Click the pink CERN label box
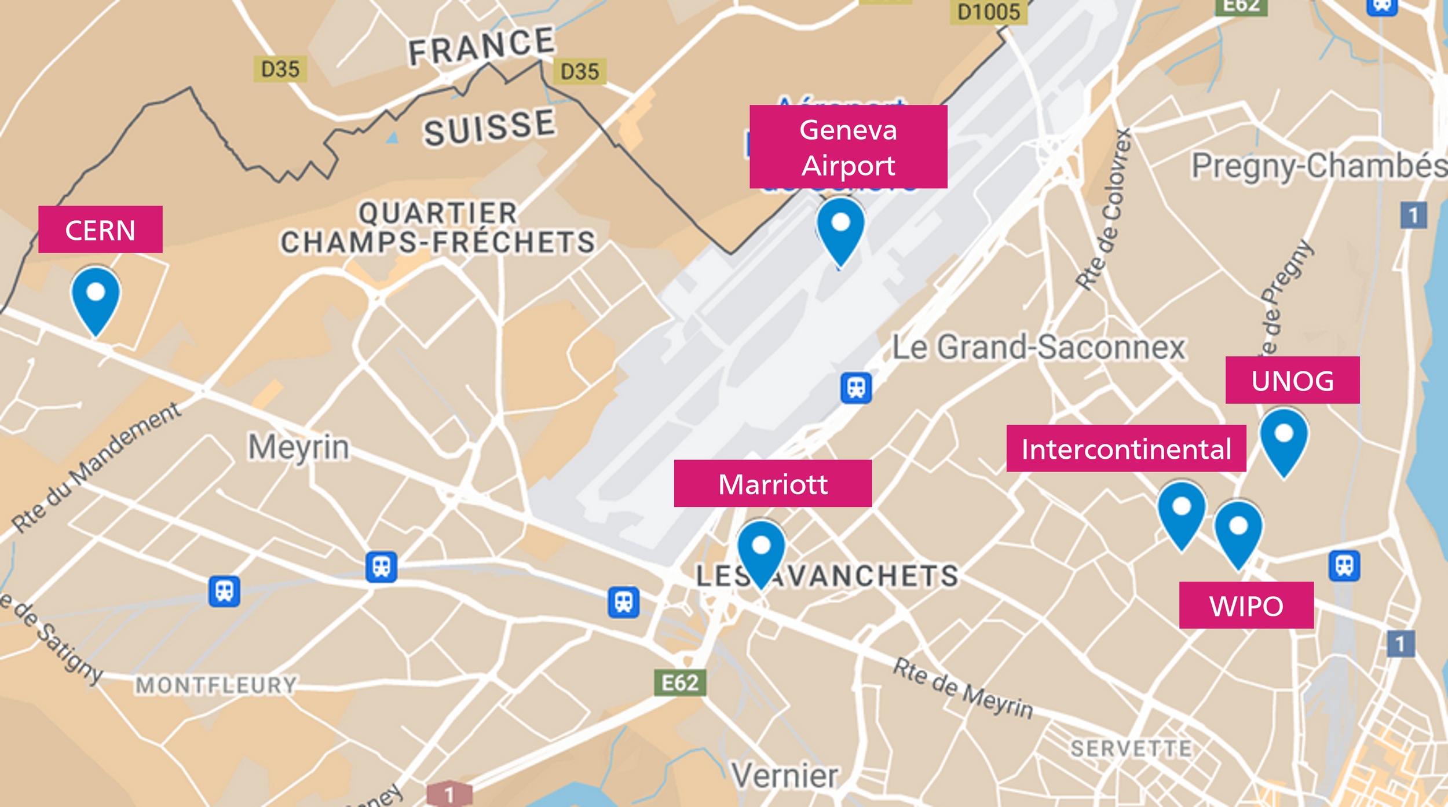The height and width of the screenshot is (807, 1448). [100, 229]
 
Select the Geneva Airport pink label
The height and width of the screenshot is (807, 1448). [848, 147]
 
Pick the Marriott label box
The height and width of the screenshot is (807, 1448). [773, 483]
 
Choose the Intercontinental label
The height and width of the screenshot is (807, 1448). [1126, 448]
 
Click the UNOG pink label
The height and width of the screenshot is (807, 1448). [1292, 380]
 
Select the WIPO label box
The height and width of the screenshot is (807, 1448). [1246, 605]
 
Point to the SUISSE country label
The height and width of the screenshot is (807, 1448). [489, 127]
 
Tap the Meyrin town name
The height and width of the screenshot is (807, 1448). [299, 447]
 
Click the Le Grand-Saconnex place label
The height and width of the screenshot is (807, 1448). [1039, 348]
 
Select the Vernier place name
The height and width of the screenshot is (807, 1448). [784, 775]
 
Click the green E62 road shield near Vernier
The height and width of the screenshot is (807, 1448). [680, 682]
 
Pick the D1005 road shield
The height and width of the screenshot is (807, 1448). [989, 12]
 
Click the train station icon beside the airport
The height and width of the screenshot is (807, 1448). [856, 388]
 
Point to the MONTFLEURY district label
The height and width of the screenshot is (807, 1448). [216, 685]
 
